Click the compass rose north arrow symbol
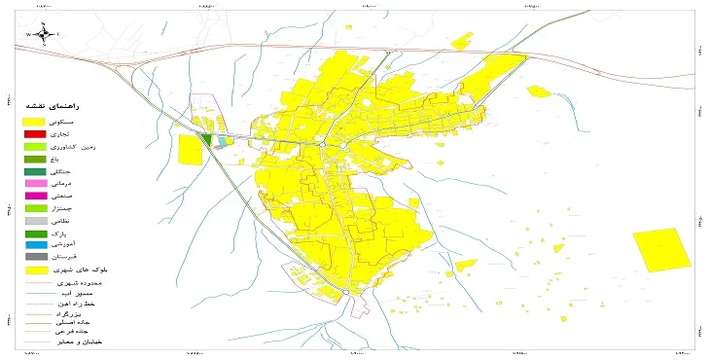(x=43, y=34)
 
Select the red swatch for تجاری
(x=35, y=133)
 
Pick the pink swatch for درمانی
(x=35, y=183)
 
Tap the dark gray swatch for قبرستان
(x=35, y=258)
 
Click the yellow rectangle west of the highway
(x=190, y=149)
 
